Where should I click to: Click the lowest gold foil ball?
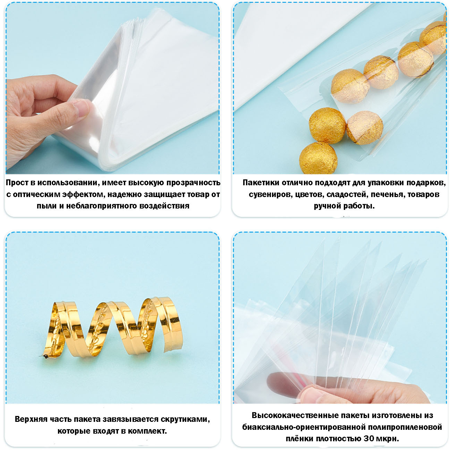click(x=318, y=158)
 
